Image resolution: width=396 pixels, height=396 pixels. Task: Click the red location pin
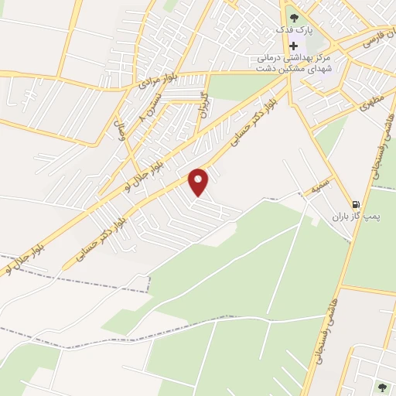pyautogui.click(x=199, y=182)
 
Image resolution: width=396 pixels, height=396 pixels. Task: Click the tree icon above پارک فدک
pyautogui.click(x=292, y=17)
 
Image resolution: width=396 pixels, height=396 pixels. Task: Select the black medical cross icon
pyautogui.click(x=293, y=45)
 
